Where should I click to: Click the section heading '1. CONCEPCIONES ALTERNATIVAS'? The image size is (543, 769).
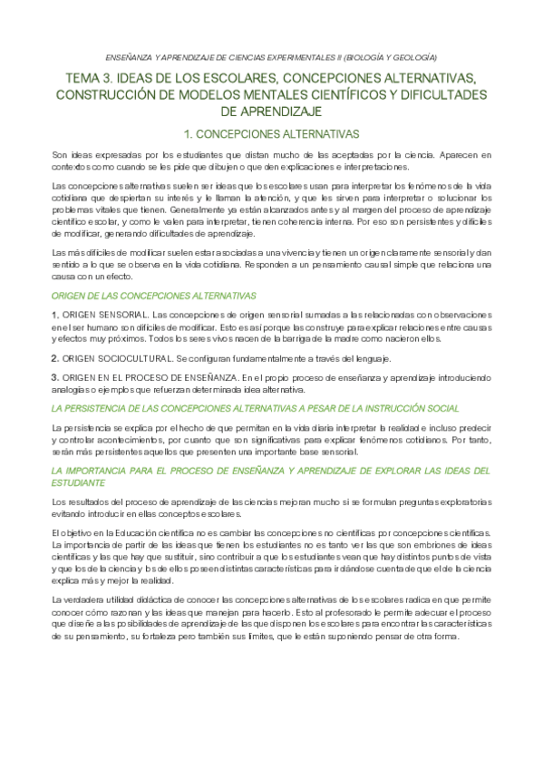coord(271,132)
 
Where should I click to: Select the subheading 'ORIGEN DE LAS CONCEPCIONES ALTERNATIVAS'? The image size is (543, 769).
coord(154,296)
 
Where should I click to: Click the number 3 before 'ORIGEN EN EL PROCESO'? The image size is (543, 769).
coord(54,376)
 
